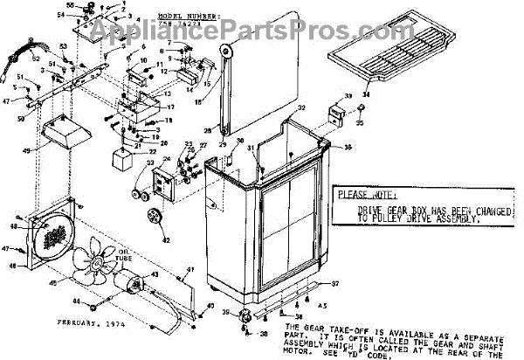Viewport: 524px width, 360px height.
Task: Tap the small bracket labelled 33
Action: tap(334, 114)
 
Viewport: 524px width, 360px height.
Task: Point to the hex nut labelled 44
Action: tap(97, 301)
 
